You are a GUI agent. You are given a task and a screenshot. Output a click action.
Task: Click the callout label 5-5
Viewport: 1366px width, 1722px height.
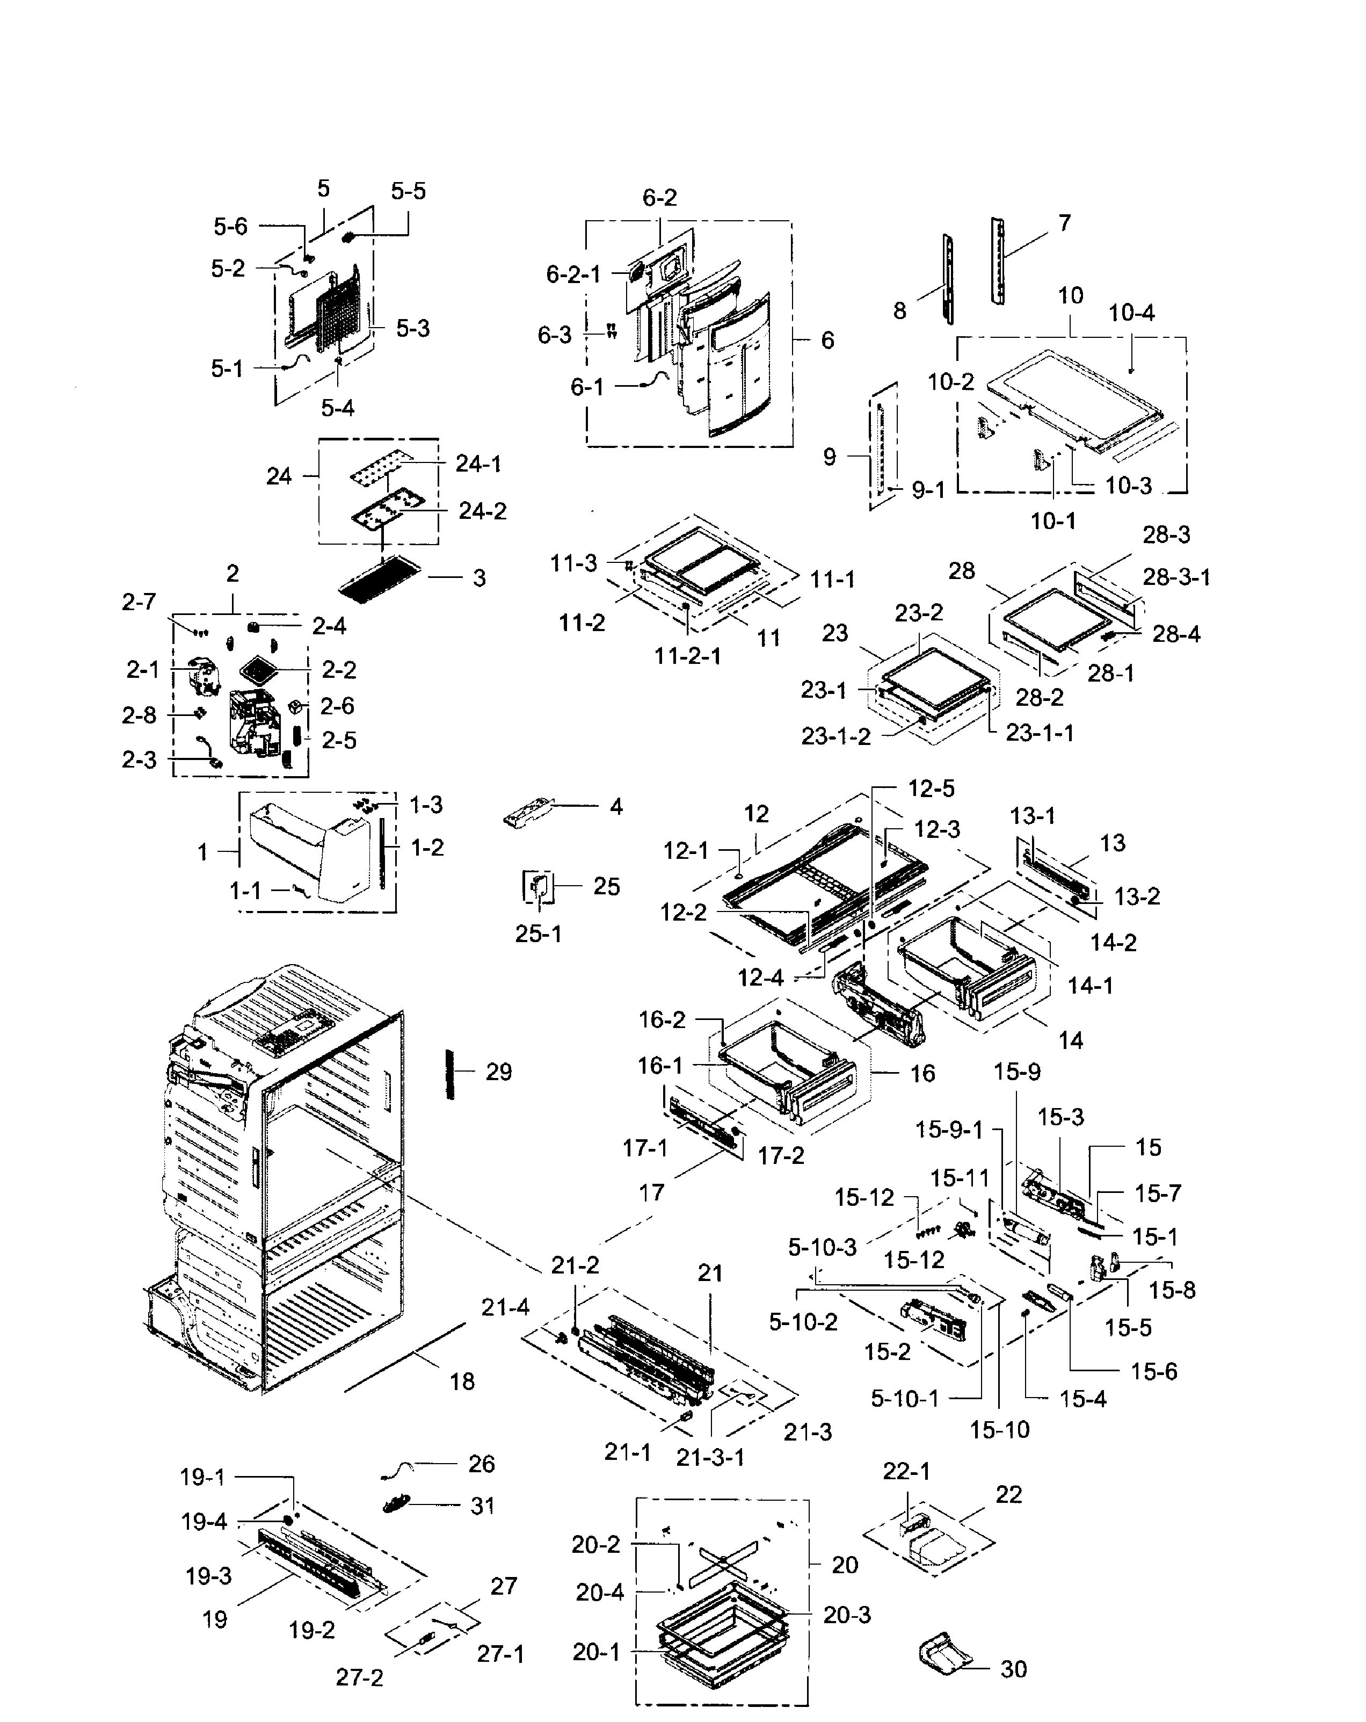click(x=408, y=192)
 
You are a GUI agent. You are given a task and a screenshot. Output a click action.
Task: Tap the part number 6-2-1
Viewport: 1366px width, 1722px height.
click(x=572, y=275)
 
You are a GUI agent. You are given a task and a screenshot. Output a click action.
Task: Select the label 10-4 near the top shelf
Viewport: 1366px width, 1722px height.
click(x=1131, y=313)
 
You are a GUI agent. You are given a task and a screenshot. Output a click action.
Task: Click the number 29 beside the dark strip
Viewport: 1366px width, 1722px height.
click(x=498, y=1073)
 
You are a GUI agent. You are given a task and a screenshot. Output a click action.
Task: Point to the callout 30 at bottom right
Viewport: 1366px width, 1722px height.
click(x=1013, y=1669)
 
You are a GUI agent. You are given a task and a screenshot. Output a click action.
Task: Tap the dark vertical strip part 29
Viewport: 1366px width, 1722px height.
click(x=451, y=1074)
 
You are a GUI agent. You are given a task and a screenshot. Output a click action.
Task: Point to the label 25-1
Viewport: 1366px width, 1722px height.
click(x=538, y=934)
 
